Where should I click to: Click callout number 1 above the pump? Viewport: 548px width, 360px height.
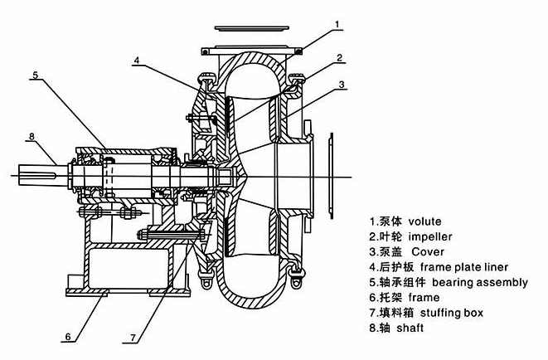click(x=337, y=24)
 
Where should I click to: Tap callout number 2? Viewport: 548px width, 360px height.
click(x=340, y=58)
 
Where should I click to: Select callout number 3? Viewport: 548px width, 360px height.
click(x=342, y=85)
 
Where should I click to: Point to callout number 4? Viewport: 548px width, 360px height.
click(x=137, y=60)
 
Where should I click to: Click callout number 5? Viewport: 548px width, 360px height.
click(x=35, y=75)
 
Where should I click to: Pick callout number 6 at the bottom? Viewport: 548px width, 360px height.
click(x=68, y=337)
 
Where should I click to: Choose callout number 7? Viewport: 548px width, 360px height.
click(x=133, y=338)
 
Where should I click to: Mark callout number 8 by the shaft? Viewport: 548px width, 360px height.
click(x=32, y=136)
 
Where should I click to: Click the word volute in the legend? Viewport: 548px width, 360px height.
click(x=424, y=221)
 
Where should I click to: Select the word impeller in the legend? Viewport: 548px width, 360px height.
click(x=430, y=236)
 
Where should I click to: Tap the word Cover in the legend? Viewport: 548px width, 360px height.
click(x=428, y=251)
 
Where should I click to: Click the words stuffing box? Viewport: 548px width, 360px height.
click(x=452, y=313)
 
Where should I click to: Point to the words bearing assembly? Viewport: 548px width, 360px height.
click(x=480, y=282)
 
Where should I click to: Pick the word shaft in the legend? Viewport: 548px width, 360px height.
click(x=410, y=328)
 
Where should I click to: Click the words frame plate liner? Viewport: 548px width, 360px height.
click(x=464, y=267)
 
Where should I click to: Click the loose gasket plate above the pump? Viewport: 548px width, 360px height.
click(x=252, y=28)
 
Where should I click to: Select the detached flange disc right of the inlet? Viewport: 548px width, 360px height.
click(x=332, y=176)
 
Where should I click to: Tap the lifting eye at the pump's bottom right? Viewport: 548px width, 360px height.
click(x=296, y=282)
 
